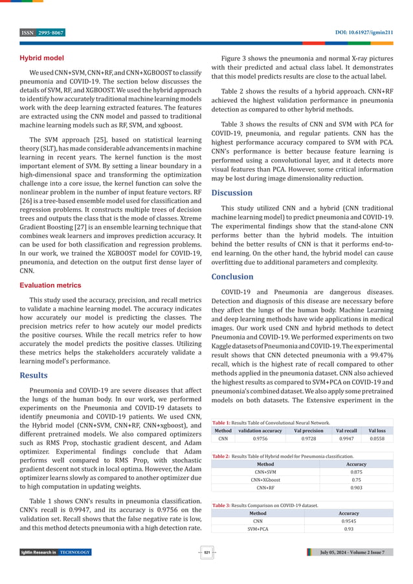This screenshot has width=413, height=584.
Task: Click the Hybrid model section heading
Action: (41, 58)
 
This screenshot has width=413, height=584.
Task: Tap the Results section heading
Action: (34, 374)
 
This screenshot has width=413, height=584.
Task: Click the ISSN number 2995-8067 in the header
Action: (50, 32)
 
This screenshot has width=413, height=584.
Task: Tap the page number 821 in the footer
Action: (206, 552)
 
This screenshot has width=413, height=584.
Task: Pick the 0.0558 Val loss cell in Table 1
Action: (377, 438)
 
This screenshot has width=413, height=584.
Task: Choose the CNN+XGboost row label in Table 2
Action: (265, 480)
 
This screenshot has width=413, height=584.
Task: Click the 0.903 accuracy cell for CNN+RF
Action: (355, 488)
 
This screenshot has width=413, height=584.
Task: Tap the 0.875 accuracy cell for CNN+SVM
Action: (355, 471)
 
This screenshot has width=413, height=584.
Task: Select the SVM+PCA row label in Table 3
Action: (258, 528)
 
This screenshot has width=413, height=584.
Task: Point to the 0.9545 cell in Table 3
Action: (350, 520)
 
